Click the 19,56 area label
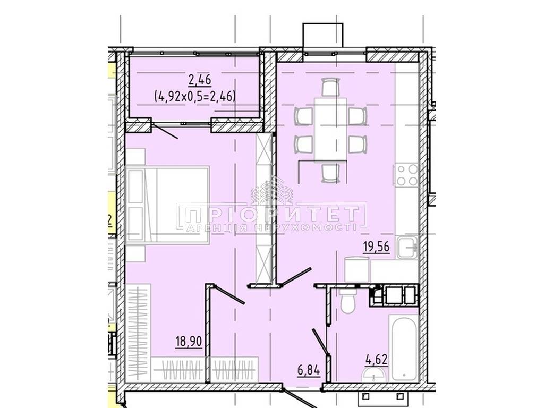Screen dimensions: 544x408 click(x=377, y=247)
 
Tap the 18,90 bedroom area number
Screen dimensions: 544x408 click(x=189, y=342)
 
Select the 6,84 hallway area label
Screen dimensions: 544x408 click(x=309, y=370)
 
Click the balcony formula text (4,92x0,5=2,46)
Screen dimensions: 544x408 click(x=194, y=95)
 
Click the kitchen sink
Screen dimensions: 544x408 click(x=407, y=248)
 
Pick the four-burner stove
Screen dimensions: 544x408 click(x=406, y=175)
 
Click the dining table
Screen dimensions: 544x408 click(x=330, y=130)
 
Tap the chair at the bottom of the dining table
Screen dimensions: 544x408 click(x=330, y=173)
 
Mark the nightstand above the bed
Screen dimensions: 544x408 click(x=135, y=157)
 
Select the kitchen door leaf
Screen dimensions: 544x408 click(x=296, y=277)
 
